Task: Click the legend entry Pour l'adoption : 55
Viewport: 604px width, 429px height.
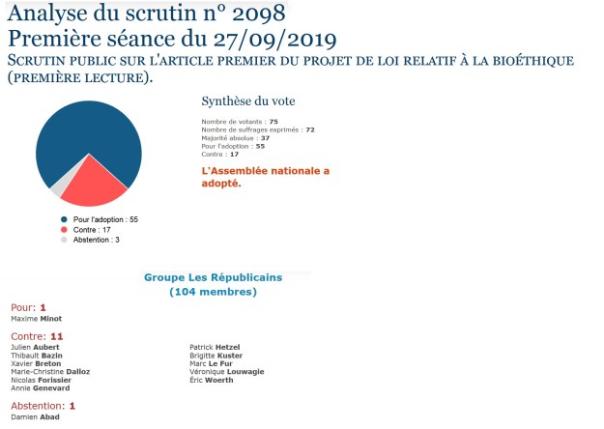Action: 105,219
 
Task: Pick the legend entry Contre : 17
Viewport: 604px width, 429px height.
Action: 96,230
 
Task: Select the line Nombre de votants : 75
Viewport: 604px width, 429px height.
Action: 240,121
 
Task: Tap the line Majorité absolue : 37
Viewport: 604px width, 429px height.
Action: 236,137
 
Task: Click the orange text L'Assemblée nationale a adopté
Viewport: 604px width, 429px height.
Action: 265,177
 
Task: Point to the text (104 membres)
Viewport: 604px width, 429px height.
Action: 213,291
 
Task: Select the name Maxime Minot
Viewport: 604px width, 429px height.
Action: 36,317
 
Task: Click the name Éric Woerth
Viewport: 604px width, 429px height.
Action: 213,380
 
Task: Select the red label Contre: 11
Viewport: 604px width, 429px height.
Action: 37,336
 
